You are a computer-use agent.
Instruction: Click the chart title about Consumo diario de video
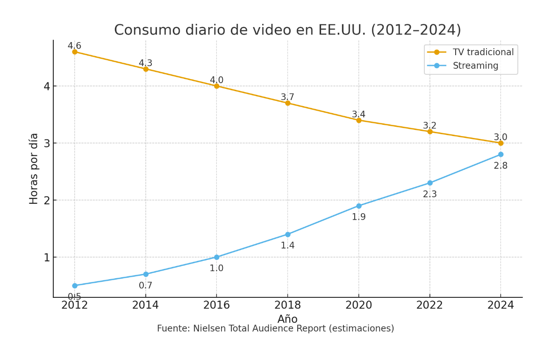[x=287, y=30]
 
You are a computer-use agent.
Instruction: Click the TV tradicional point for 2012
[x=75, y=52]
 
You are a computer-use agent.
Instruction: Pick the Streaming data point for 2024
[x=501, y=154]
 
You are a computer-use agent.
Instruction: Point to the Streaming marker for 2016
[x=216, y=257]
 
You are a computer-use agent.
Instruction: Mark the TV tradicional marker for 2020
[x=358, y=120]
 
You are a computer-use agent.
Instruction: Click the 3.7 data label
[x=287, y=97]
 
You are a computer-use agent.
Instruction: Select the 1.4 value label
[x=287, y=245]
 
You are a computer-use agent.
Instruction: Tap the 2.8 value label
[x=501, y=166]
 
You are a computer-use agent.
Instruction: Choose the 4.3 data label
[x=145, y=63]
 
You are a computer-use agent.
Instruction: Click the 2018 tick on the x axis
[x=287, y=305]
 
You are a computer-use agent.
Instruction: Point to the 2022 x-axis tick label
[x=429, y=305]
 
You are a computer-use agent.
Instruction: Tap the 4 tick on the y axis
[x=47, y=86]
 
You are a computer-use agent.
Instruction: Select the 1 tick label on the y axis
[x=47, y=258]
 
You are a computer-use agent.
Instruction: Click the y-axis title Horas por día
[x=34, y=168]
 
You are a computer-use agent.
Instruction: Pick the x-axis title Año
[x=287, y=319]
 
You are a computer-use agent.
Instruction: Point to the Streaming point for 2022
[x=429, y=183]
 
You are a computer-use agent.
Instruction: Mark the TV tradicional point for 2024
[x=501, y=143]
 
